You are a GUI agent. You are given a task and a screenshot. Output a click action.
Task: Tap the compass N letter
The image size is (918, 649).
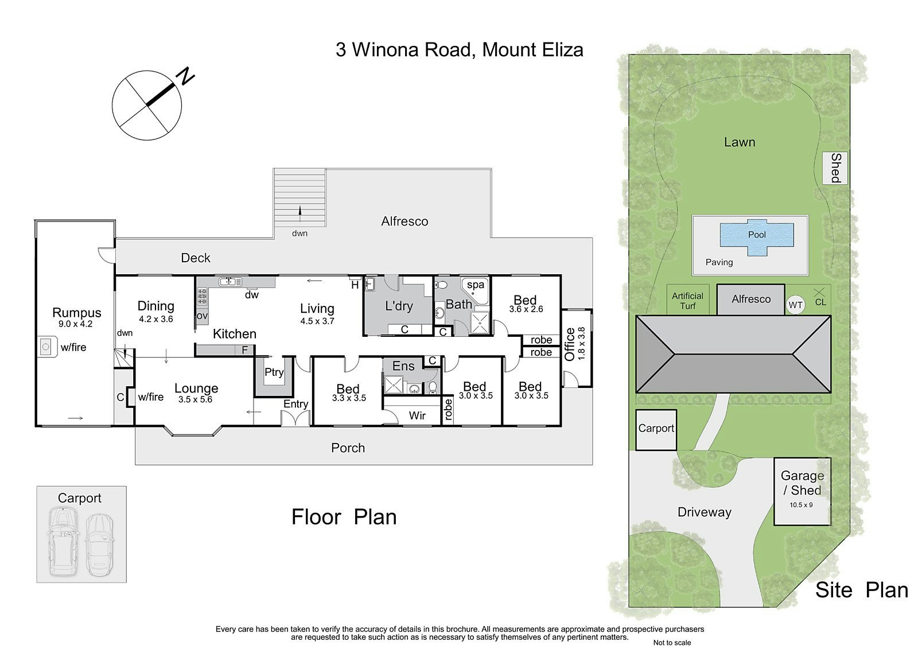(185, 76)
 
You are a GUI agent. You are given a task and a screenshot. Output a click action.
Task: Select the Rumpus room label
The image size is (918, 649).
(76, 313)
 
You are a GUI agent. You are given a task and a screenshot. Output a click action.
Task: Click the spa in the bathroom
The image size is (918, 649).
(476, 285)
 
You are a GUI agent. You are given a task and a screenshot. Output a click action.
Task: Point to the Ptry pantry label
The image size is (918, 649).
(274, 372)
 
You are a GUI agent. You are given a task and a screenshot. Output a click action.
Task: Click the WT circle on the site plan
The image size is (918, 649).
(795, 305)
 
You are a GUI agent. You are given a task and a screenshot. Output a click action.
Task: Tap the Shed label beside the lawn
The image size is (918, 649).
(836, 168)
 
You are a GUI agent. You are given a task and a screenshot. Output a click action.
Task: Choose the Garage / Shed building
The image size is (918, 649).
(802, 491)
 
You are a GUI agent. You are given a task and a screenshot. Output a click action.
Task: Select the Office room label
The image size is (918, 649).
(570, 344)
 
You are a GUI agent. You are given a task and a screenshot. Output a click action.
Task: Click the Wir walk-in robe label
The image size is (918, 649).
(417, 415)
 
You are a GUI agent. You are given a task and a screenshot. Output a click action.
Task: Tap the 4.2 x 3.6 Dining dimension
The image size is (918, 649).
(155, 319)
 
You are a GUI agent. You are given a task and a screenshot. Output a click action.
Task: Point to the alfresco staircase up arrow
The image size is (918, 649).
(299, 212)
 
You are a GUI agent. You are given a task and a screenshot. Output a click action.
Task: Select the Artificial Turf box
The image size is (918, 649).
(687, 301)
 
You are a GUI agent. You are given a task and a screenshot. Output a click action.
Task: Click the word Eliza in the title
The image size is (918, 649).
(556, 50)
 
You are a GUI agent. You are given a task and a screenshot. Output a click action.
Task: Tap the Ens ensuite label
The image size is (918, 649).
(403, 366)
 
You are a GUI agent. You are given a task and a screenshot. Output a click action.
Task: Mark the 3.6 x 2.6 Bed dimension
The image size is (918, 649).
(526, 309)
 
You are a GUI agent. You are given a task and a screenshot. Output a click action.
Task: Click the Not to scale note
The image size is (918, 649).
(672, 643)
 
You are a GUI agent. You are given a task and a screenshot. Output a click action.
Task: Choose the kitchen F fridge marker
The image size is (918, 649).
(244, 349)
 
